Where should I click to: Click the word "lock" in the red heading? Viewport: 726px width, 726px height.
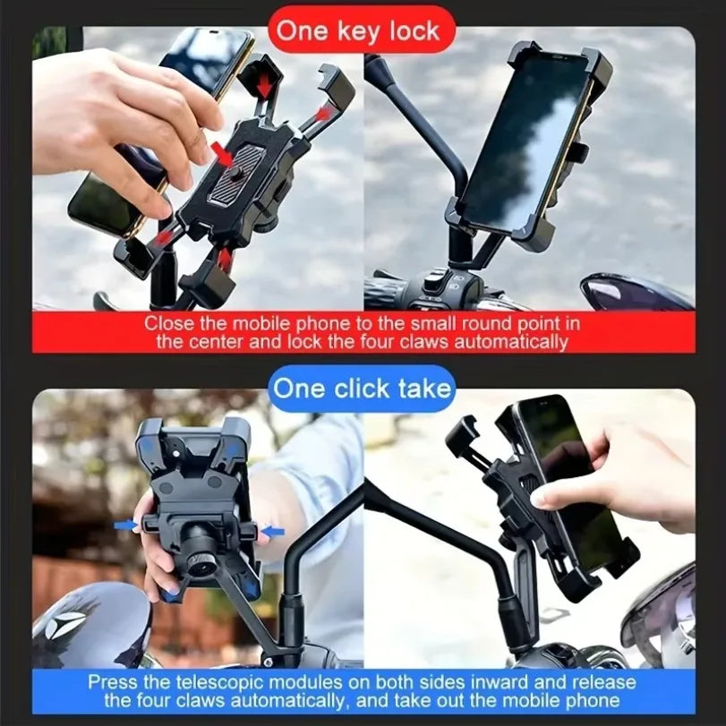pos(413,31)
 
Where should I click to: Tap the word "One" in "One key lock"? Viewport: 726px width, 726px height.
pos(302,31)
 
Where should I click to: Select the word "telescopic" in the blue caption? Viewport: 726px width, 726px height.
pos(231,681)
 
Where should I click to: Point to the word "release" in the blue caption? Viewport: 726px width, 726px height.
pos(608,681)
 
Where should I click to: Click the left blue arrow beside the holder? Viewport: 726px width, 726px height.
pos(126,526)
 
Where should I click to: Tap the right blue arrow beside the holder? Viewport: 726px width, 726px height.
pos(272,532)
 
